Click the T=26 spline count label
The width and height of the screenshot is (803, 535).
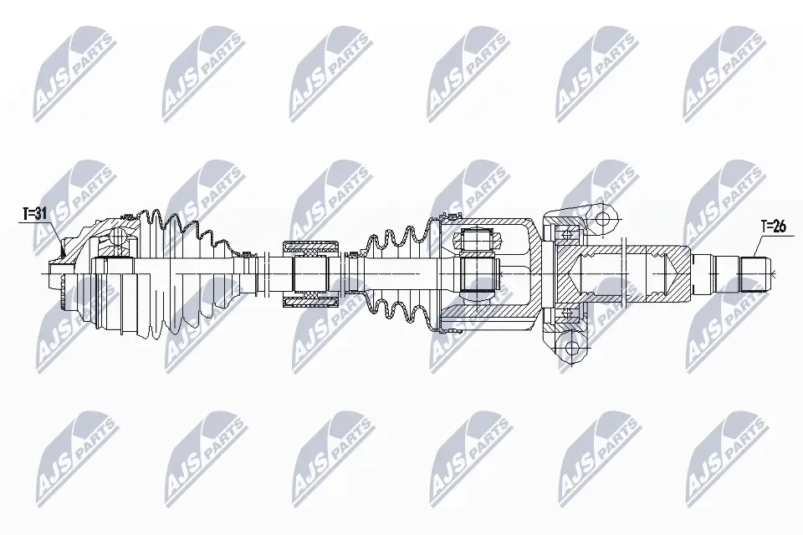coord(773,227)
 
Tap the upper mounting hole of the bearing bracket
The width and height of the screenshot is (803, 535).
coord(602,219)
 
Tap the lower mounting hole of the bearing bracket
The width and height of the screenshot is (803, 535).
coord(570,349)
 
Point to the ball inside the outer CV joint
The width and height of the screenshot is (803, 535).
coord(118,236)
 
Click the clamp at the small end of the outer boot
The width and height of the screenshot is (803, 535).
coord(248,254)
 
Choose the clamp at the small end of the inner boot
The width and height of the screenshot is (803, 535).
coord(352,254)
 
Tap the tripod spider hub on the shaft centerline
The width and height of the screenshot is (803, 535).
coord(479,274)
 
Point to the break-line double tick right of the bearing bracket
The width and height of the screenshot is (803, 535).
coord(626,274)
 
